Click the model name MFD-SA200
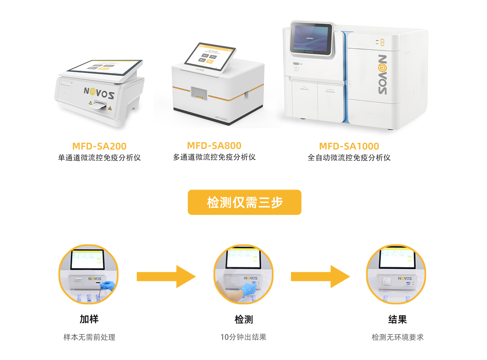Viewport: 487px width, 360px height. click(x=99, y=146)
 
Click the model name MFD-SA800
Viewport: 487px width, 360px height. click(x=214, y=145)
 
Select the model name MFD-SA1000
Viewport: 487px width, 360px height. click(x=349, y=146)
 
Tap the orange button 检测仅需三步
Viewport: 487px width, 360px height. click(x=244, y=202)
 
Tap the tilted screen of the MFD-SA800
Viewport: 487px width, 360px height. click(x=210, y=54)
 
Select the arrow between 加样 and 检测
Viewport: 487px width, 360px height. click(x=166, y=276)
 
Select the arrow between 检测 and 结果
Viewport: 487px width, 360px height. click(x=320, y=276)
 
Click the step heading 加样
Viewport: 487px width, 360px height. click(x=89, y=319)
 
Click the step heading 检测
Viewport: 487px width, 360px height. click(x=243, y=319)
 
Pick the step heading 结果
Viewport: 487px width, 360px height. click(x=397, y=319)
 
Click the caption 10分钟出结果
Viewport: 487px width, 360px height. click(x=243, y=337)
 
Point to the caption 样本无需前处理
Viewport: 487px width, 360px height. click(x=89, y=337)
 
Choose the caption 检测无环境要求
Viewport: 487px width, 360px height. click(x=397, y=337)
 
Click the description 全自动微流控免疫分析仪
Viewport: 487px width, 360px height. click(x=349, y=157)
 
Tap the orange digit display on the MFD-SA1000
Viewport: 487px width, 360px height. click(x=380, y=42)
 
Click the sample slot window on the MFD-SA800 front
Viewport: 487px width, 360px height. click(x=199, y=94)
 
